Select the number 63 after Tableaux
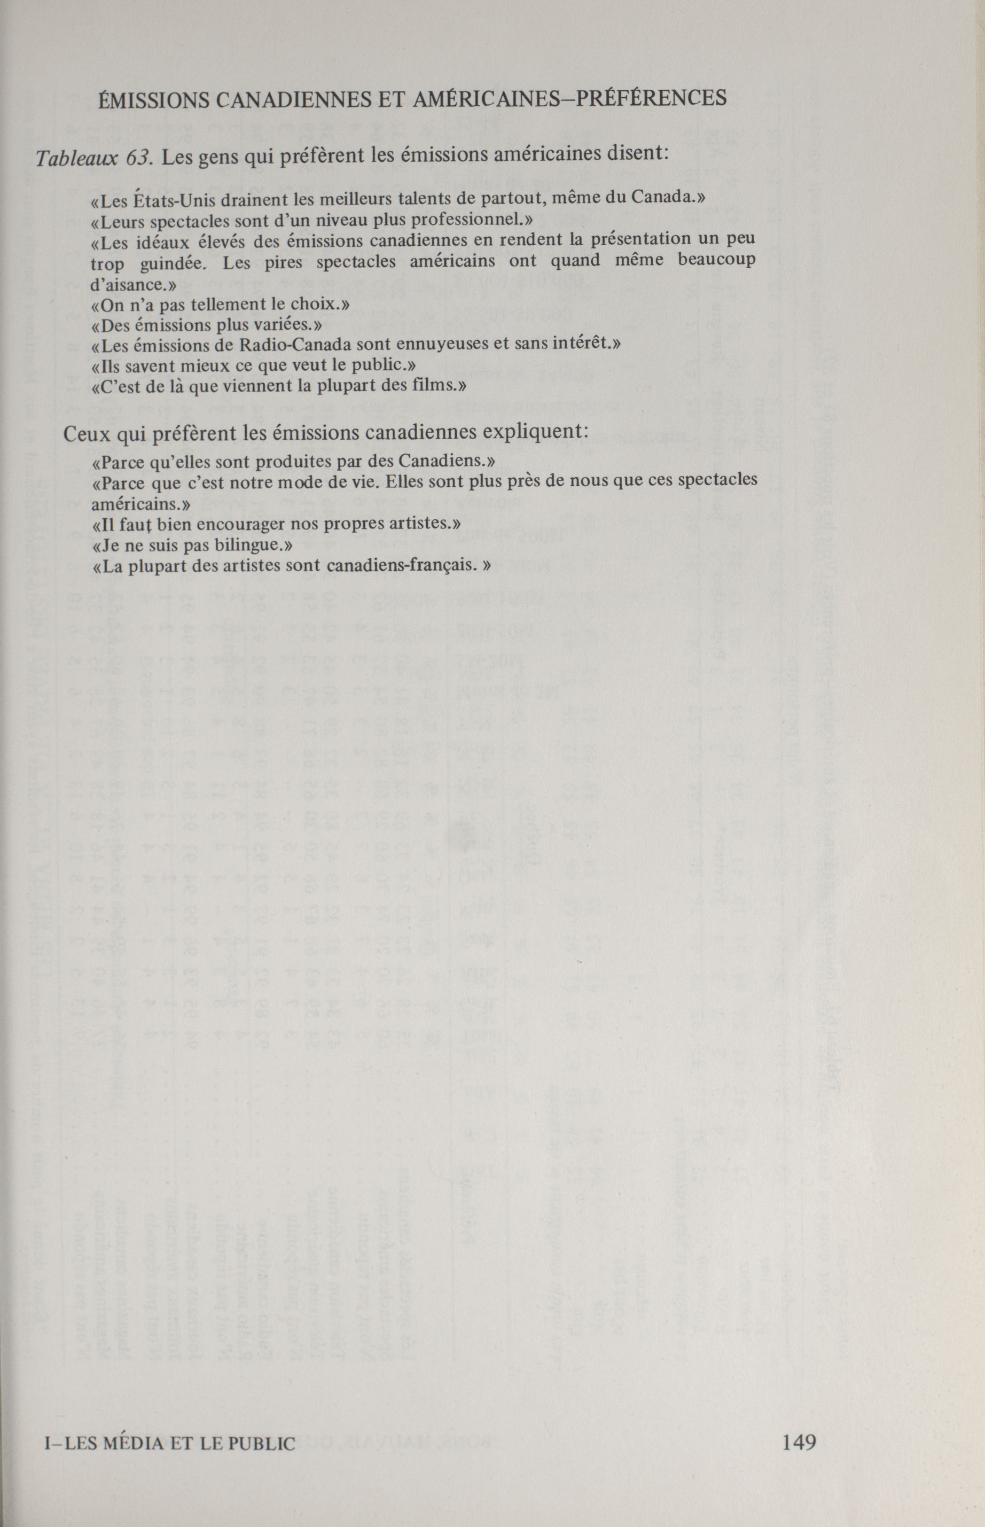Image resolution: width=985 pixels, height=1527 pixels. click(x=137, y=158)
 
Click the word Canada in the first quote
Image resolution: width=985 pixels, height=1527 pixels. click(x=663, y=198)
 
